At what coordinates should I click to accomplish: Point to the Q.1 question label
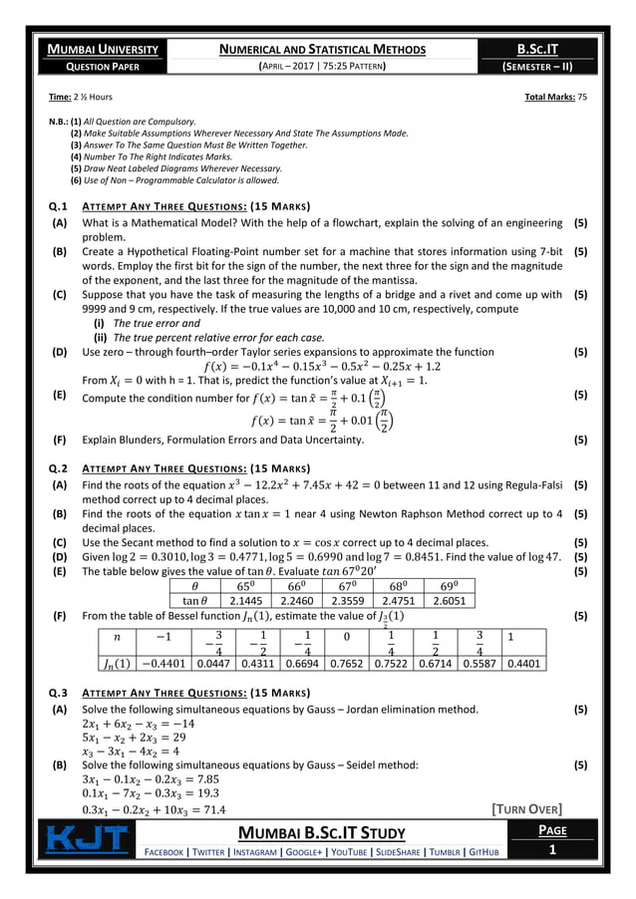pyautogui.click(x=60, y=206)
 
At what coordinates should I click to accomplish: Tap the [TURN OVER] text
pyautogui.click(x=527, y=807)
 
